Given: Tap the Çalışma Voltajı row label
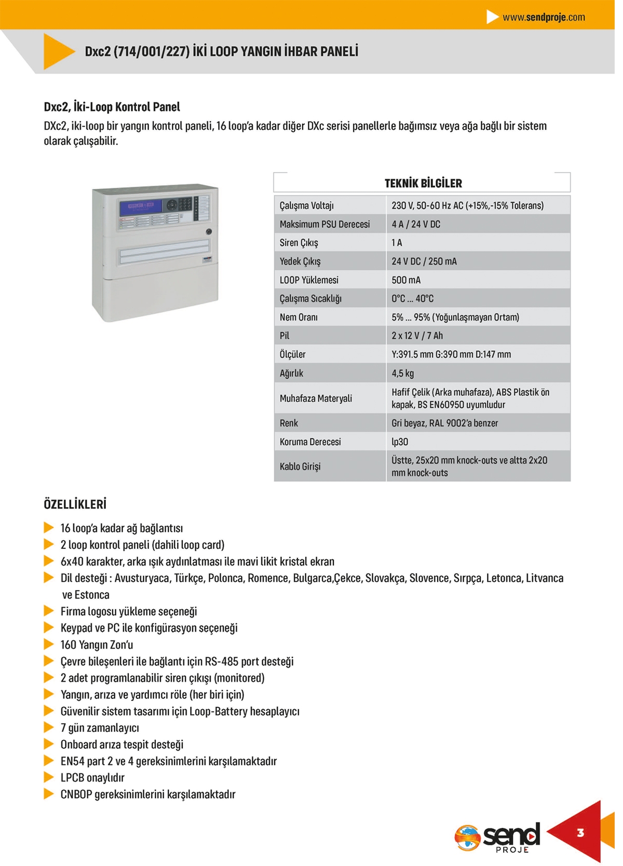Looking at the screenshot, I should coord(306,205).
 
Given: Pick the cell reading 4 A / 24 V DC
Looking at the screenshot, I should coord(416,224).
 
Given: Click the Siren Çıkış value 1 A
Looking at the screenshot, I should coord(397,243).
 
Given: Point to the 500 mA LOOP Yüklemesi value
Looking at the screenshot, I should coord(406,280).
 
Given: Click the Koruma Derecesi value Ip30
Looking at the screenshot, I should coord(400,442).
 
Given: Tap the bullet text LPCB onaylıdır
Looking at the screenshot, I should coord(92,778).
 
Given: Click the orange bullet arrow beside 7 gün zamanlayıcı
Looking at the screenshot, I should coord(49,727).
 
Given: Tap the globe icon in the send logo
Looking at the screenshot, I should coord(467,837).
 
